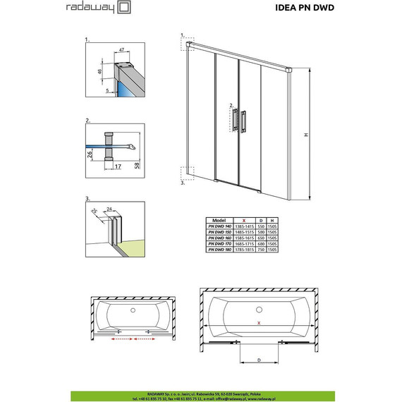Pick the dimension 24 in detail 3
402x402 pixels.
(109, 209)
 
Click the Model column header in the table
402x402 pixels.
(219, 219)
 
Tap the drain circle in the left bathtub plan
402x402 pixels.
(133, 310)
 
